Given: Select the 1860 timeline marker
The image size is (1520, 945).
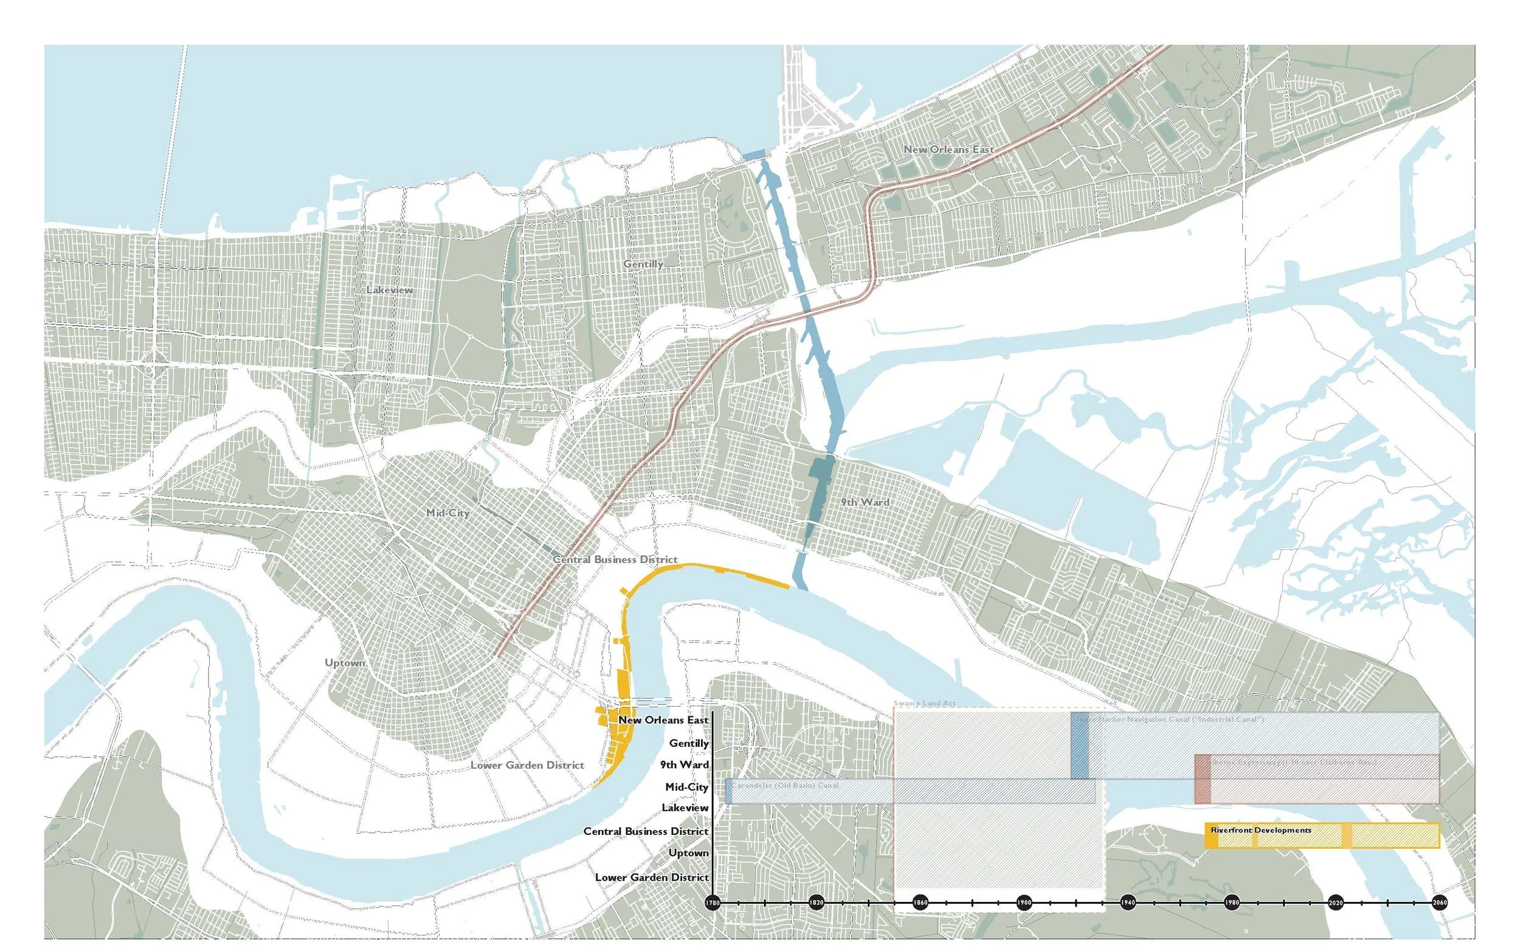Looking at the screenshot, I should [920, 902].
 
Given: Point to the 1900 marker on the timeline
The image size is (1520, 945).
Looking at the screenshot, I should [1023, 902].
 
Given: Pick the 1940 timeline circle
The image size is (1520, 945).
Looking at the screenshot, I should [1128, 902].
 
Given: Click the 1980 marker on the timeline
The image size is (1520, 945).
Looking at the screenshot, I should [1231, 902].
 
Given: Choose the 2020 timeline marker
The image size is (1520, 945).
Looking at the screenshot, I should [1336, 902].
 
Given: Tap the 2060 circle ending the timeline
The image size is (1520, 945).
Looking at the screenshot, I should [1439, 902].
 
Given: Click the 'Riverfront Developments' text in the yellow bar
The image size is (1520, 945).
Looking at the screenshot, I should [1261, 830].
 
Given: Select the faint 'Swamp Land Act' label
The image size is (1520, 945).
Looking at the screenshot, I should [924, 704].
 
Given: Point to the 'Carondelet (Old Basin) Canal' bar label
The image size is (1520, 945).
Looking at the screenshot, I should [785, 786].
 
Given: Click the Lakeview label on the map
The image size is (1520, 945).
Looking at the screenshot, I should [389, 290].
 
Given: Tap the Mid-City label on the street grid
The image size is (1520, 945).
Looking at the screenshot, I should [447, 513].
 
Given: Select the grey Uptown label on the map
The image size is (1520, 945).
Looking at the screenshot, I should [345, 662].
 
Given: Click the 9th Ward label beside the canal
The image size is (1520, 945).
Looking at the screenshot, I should [865, 502].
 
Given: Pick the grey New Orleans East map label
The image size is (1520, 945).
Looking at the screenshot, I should [948, 150].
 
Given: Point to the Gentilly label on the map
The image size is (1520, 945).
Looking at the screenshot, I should [643, 265].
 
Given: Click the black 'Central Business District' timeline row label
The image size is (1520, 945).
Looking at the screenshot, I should [646, 831].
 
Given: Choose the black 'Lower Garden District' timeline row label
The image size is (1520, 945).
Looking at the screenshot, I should [652, 877].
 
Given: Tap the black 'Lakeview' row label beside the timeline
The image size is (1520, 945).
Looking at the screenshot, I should [685, 808].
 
